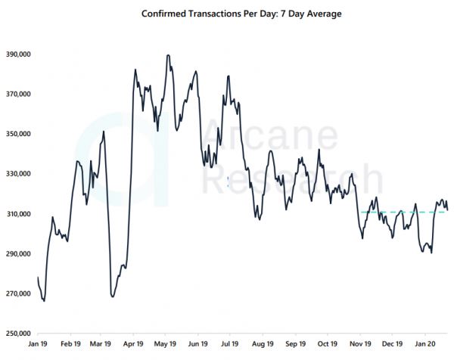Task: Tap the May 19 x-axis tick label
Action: click(165, 343)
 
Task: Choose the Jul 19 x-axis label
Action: click(229, 343)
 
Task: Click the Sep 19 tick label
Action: click(295, 343)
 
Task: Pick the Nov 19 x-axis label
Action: click(360, 343)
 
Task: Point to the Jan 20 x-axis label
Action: click(424, 343)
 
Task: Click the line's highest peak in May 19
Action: click(168, 55)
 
